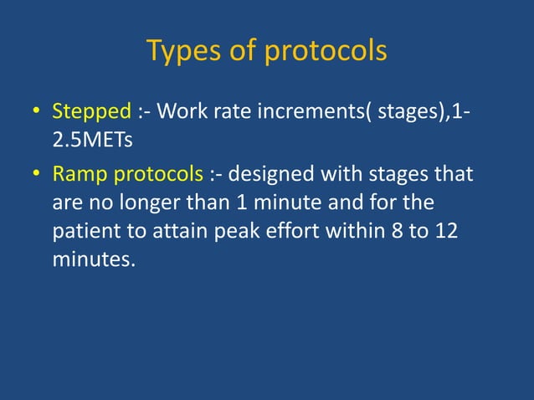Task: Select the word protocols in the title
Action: click(326, 52)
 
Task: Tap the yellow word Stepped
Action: click(88, 111)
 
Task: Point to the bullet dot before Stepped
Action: click(36, 112)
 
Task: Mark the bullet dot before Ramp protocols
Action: click(36, 176)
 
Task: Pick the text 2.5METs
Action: click(92, 137)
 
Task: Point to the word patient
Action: click(87, 232)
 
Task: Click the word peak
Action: click(245, 232)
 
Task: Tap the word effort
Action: click(301, 232)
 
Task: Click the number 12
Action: click(447, 232)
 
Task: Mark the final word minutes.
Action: click(93, 260)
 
